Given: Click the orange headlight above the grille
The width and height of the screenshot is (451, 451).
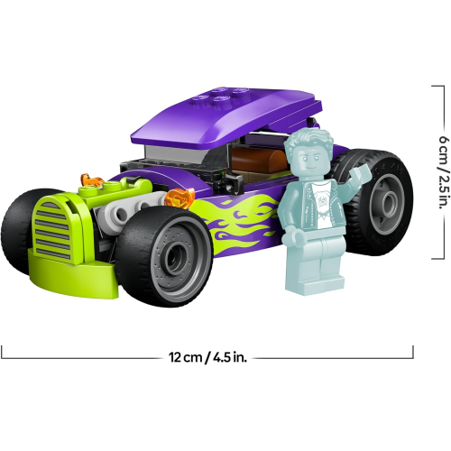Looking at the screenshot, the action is click(x=91, y=180).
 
